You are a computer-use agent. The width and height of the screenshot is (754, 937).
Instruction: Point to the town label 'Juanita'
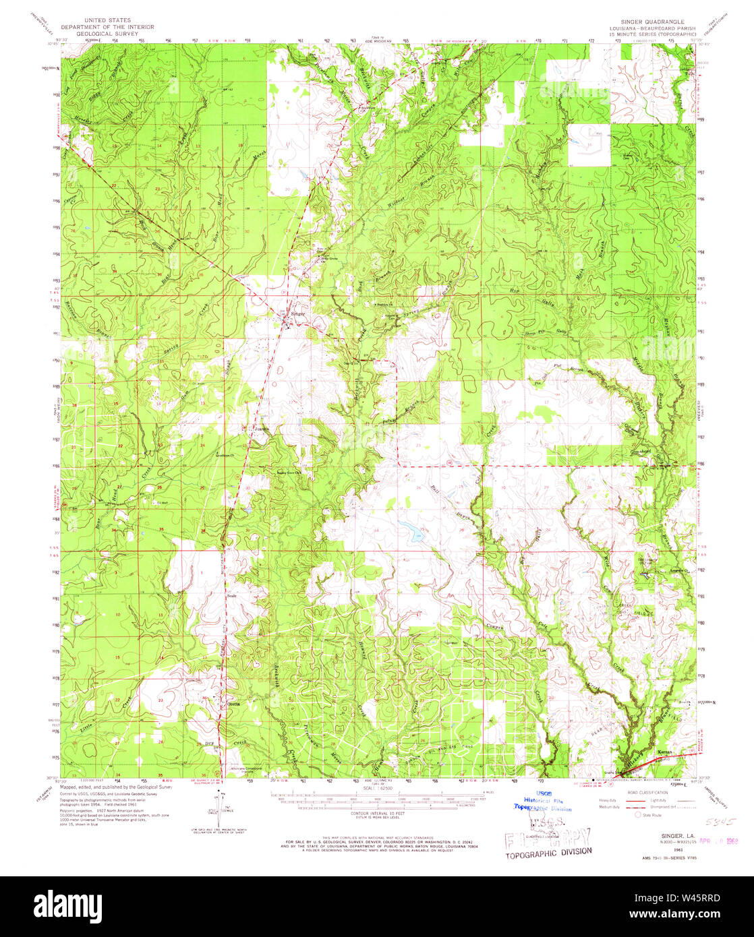click(262, 427)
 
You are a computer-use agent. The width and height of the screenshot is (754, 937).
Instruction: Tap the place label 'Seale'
click(232, 596)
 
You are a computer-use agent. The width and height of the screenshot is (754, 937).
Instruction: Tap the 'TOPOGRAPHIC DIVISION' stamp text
click(549, 851)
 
